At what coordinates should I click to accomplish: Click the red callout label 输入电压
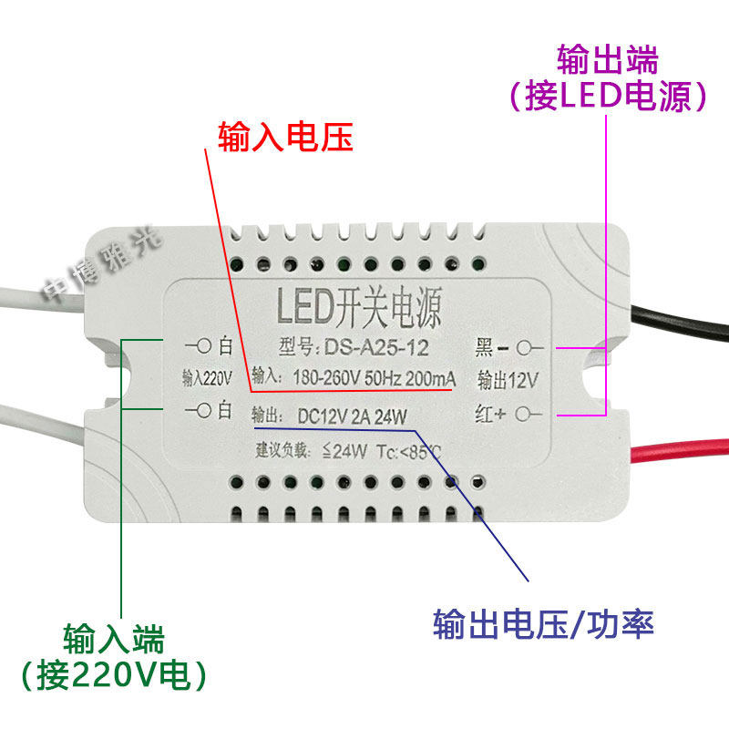pyautogui.click(x=284, y=139)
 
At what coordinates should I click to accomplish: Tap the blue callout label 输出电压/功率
pyautogui.click(x=544, y=625)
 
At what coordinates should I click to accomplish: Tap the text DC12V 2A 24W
pyautogui.click(x=353, y=416)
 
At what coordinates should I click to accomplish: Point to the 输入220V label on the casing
pyautogui.click(x=208, y=376)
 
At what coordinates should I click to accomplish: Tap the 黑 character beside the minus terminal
pyautogui.click(x=484, y=347)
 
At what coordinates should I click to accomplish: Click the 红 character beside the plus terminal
pyautogui.click(x=484, y=416)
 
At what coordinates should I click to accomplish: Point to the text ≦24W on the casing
pyautogui.click(x=345, y=450)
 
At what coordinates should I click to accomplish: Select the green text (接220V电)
pyautogui.click(x=114, y=675)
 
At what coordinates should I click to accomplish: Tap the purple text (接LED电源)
pyautogui.click(x=608, y=96)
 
